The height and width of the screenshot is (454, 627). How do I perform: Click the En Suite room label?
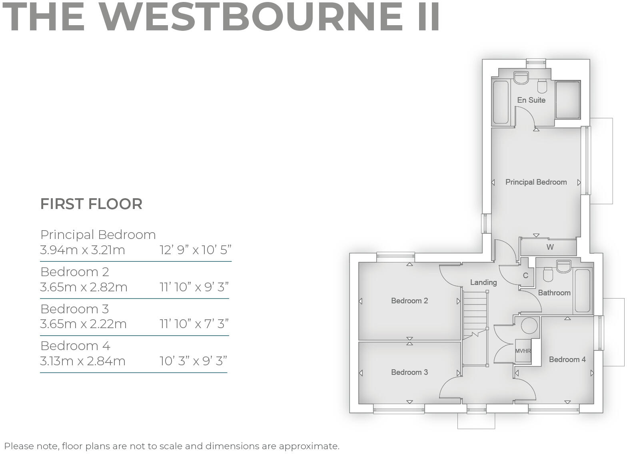pos(531,100)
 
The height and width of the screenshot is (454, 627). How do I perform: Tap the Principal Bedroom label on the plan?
pos(536,182)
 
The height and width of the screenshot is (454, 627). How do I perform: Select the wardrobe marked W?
pos(550,247)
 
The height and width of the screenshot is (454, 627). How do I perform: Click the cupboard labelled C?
pos(525,275)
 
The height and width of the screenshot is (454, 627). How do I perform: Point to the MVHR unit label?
pos(523,351)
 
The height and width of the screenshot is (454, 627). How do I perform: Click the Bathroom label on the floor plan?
pos(554,293)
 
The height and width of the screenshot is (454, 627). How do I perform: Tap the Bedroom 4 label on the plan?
pos(567,359)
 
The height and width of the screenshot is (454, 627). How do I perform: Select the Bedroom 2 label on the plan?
pos(409,301)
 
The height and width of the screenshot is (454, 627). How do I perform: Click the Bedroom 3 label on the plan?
pos(409,372)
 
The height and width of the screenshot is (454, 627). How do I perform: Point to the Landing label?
pos(483,282)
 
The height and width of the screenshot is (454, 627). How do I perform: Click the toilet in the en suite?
pos(542,86)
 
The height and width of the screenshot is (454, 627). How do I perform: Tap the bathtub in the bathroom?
pos(582,291)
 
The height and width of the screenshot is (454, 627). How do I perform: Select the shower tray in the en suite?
pos(567,100)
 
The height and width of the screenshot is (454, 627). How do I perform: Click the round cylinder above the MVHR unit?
pos(529,325)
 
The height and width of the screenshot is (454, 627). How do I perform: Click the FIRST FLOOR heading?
pos(91,204)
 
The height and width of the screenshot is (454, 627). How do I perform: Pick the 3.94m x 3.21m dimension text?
pos(83,250)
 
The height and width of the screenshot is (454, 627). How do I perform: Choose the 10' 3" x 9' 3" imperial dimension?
pos(193,361)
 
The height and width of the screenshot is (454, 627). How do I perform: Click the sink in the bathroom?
pos(564,266)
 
